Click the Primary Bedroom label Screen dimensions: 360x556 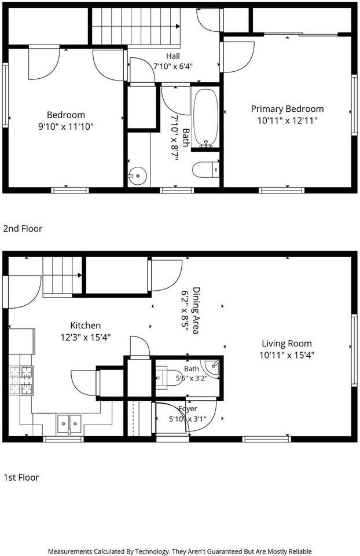pos(287,109)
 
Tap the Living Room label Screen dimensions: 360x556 pos(286,343)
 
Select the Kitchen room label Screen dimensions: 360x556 pos(86,325)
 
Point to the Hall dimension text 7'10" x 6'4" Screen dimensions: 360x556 pos(173,66)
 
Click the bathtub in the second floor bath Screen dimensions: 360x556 pos(206,118)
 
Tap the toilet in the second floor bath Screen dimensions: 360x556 pos(206,170)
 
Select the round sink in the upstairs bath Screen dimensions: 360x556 pos(137,176)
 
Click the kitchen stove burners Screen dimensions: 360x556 pos(21,381)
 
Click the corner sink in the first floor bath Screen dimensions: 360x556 pos(212,367)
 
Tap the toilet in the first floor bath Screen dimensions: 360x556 pos(168,377)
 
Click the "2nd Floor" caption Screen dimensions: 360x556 pos(23,229)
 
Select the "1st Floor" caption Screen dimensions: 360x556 pos(21,477)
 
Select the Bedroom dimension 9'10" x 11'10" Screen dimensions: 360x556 pos(66,127)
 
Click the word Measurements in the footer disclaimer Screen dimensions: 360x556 pos(70,551)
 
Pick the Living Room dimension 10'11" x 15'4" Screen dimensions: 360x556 pos(287,355)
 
